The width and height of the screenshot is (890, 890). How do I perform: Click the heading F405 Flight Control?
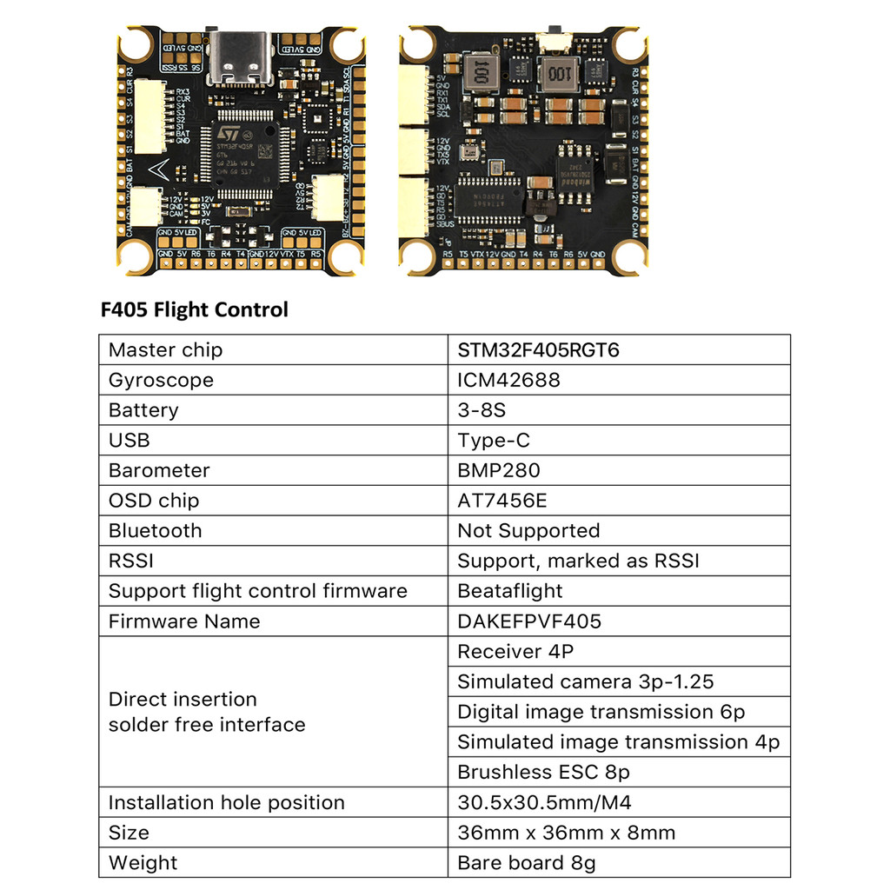point(195,309)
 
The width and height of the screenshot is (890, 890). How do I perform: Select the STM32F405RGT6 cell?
point(538,350)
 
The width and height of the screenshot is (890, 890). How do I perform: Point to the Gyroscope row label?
point(161,380)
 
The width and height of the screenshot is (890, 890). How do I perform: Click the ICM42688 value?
point(508,380)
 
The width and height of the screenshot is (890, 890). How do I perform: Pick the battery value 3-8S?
point(481,410)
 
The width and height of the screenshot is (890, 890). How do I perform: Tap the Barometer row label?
point(159,470)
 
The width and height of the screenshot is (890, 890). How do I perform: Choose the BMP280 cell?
point(498,470)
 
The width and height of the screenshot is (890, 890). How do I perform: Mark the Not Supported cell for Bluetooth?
point(528,530)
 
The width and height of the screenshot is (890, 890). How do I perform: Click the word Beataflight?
point(509,591)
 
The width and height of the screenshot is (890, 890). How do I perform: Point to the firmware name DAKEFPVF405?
point(529,621)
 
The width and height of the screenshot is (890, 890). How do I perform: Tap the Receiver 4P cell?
point(515,651)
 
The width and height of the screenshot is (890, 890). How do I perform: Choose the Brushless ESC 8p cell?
point(543,772)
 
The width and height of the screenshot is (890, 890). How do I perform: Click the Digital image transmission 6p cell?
point(601,712)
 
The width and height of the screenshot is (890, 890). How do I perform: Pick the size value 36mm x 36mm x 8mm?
point(566,833)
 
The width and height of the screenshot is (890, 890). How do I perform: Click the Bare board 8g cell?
point(526,863)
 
